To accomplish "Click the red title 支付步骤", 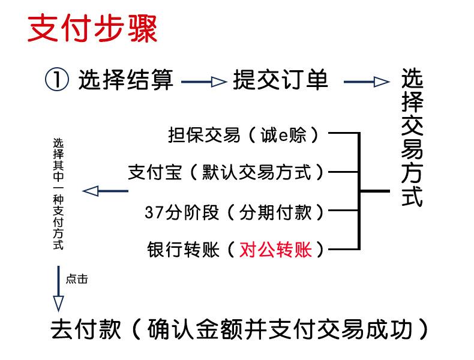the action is [92, 28].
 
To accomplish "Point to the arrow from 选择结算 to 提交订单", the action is [204, 82].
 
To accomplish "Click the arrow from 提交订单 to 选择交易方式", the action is [367, 82].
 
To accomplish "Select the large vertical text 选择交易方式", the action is [412, 137].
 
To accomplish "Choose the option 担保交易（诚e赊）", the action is [244, 135].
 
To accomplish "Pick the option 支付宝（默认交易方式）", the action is [226, 172].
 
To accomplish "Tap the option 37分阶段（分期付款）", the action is [234, 212].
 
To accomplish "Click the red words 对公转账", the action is [275, 250].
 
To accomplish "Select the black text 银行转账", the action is [183, 250].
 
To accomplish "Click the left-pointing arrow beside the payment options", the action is [105, 191].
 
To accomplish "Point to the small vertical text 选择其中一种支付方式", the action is [58, 194].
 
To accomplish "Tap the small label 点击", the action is [77, 279].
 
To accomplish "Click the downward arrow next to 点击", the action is [58, 289].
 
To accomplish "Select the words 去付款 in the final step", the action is [86, 329].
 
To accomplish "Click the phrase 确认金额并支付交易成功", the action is [280, 329].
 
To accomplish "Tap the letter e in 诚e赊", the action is [283, 136].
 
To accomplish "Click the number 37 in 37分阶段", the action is [154, 212].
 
